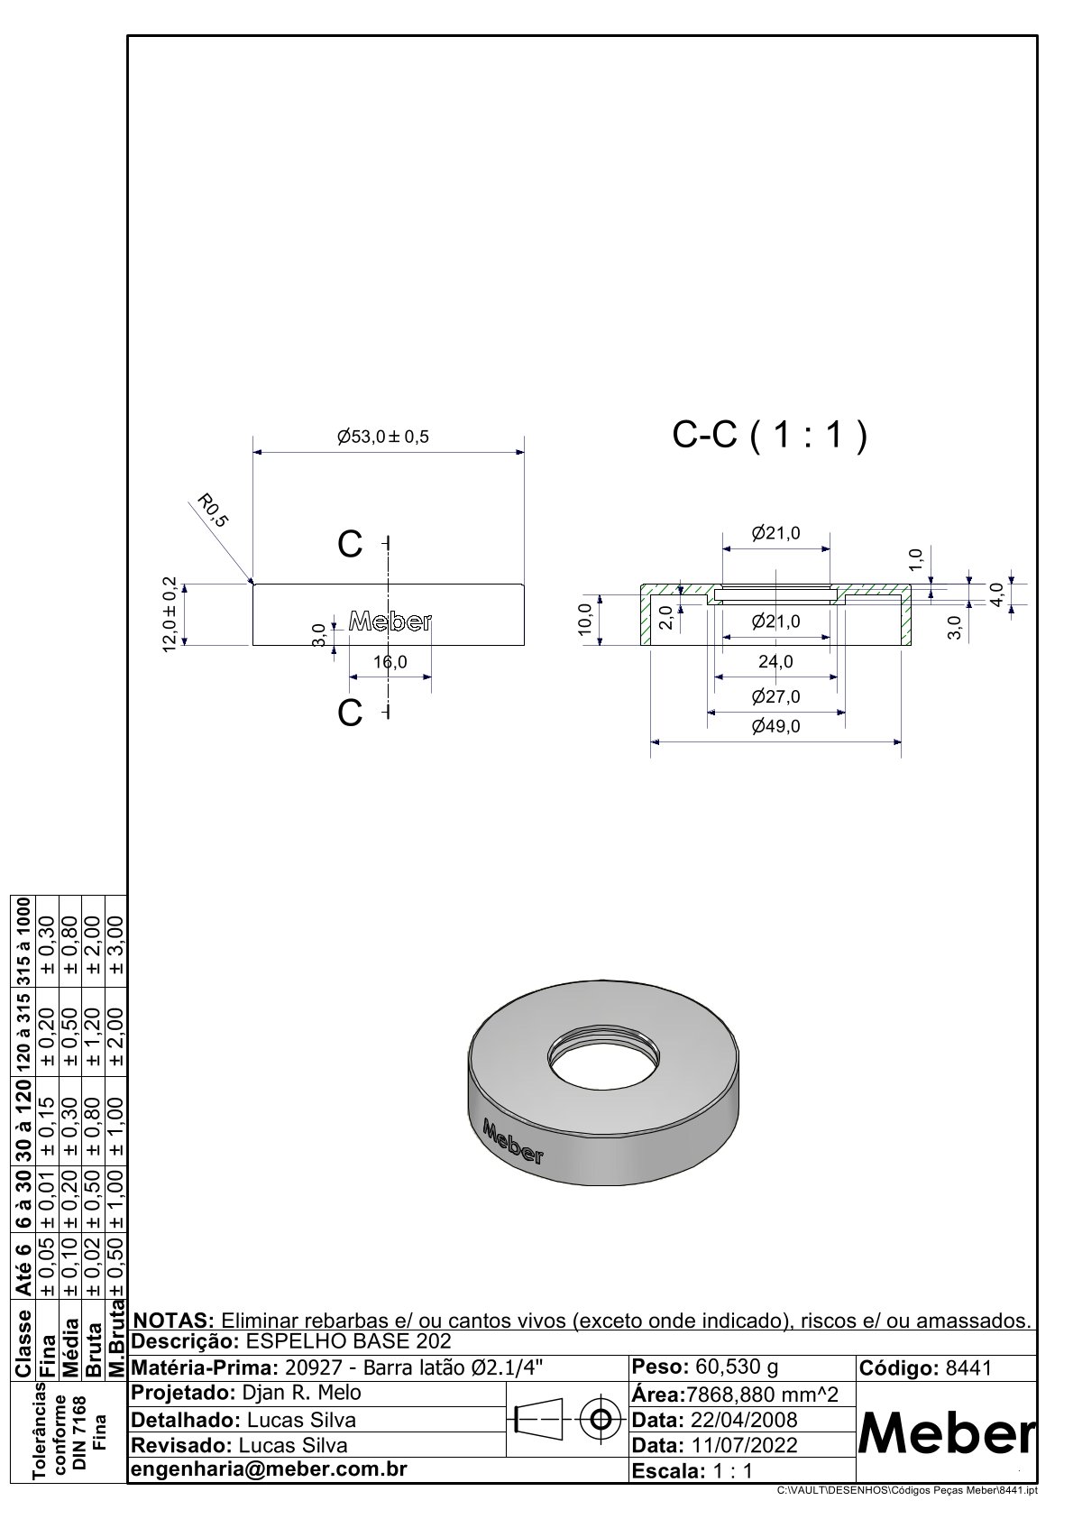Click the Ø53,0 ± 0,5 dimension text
pos(383,437)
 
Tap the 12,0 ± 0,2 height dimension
pos(170,614)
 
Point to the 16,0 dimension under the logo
pos(390,661)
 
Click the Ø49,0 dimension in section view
pos(775,726)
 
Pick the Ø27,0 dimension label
pos(775,696)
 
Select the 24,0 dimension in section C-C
pos(775,661)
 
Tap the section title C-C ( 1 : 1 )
pos(770,437)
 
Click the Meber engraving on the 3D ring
pos(512,1141)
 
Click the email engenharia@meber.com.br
pos(269,1469)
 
